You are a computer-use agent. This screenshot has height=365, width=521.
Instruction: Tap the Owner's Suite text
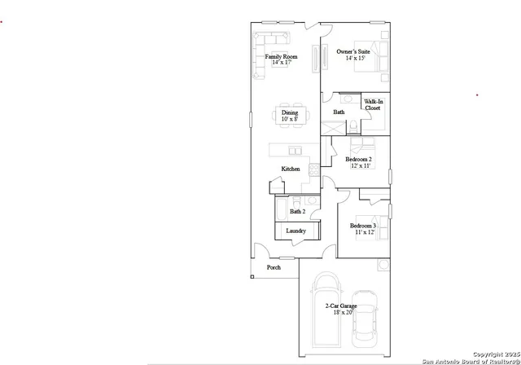tap(353, 51)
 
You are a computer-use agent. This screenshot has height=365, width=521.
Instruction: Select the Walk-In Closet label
tap(372, 104)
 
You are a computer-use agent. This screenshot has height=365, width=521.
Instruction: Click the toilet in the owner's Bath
tap(353, 126)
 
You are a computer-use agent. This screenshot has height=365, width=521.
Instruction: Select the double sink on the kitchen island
tap(292, 150)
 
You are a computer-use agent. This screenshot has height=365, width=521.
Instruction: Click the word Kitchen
tap(291, 169)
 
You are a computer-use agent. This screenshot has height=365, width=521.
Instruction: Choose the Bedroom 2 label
tap(358, 159)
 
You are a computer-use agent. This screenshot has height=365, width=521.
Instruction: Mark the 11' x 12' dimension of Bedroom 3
tap(363, 232)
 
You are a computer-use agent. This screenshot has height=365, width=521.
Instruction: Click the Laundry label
tap(296, 231)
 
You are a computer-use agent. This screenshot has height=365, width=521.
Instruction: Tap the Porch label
tap(274, 267)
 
